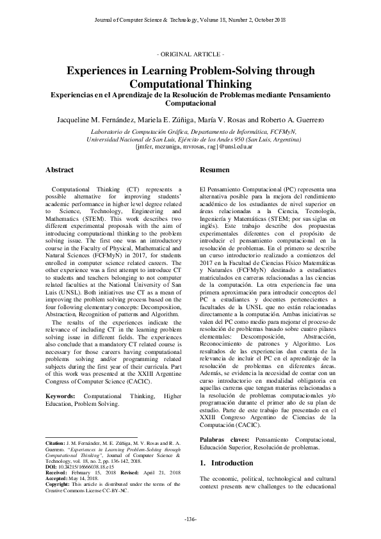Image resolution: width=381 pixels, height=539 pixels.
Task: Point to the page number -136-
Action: (190, 518)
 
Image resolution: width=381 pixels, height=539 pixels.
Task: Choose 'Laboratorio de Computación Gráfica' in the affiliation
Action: (128, 130)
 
